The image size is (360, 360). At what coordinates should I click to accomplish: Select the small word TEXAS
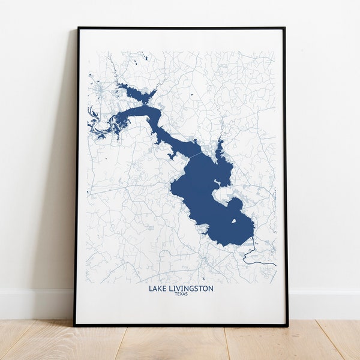(181, 294)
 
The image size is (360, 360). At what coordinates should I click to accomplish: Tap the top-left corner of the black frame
(78, 28)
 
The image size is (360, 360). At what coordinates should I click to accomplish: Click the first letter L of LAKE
(151, 289)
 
